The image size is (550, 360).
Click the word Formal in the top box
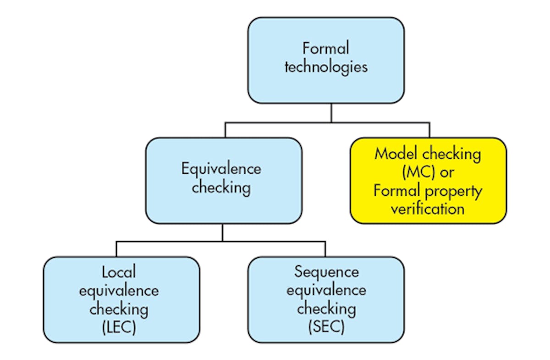[326, 48]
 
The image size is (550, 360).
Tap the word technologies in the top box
[326, 67]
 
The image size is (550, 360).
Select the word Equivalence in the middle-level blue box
[221, 169]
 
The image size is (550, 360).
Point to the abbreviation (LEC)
[119, 328]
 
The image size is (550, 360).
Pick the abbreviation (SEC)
[326, 328]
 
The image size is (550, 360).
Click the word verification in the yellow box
[428, 210]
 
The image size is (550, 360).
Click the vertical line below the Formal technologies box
[331, 112]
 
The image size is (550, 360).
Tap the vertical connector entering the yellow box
[430, 130]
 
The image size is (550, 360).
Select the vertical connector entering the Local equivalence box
[116, 249]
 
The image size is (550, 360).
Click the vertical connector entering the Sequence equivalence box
[325, 249]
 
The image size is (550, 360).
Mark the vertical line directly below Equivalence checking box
[223, 232]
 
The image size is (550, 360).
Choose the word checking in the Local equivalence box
[119, 309]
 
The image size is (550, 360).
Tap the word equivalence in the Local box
[119, 290]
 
